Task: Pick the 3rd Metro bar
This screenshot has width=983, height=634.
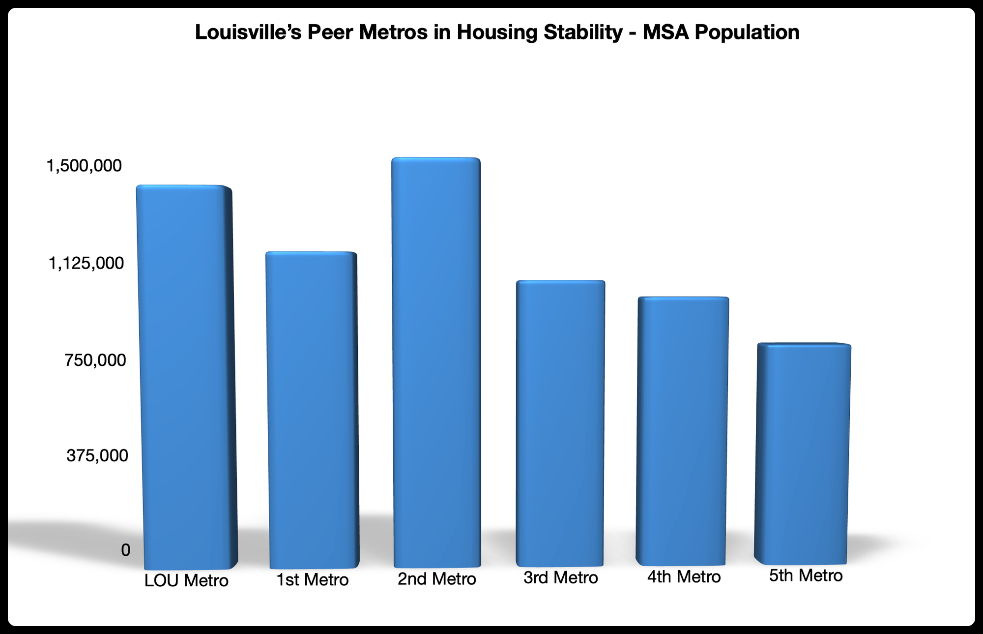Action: tap(560, 423)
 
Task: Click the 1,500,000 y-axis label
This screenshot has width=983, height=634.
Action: tap(84, 166)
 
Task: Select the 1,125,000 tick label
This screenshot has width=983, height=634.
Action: tap(86, 263)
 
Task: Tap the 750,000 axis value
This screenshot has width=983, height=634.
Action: tap(95, 360)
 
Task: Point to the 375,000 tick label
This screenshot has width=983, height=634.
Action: tap(97, 455)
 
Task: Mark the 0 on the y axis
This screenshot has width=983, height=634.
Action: tap(125, 550)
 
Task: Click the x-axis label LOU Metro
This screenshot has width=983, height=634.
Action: tap(186, 580)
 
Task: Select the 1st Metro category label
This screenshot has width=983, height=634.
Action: tap(313, 580)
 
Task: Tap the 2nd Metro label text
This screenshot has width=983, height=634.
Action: tap(436, 579)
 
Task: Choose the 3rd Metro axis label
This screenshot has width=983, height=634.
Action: tap(560, 577)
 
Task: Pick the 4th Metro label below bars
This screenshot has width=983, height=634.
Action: tap(684, 576)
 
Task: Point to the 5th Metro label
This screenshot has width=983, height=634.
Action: tap(806, 575)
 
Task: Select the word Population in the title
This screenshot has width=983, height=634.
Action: tap(747, 32)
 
